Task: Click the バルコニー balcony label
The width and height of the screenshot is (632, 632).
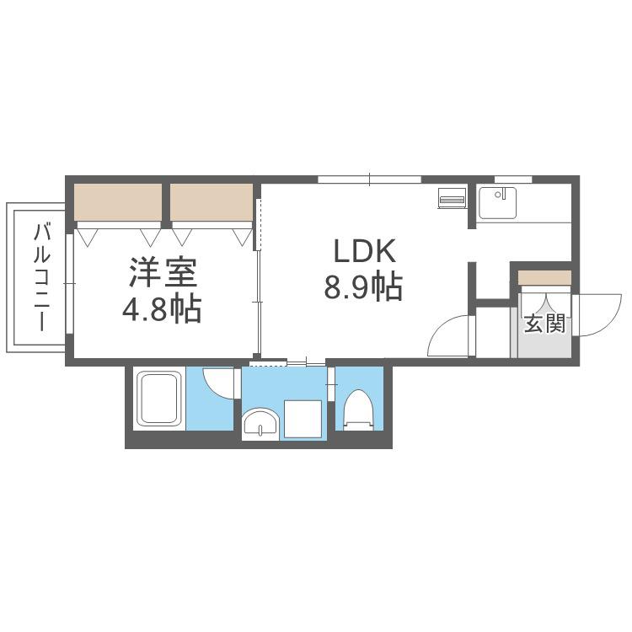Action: click(x=41, y=277)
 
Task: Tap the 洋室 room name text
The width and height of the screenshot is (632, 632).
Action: click(x=163, y=272)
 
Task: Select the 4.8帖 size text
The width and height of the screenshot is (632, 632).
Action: click(x=162, y=308)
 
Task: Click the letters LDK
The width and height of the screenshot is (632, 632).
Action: click(x=364, y=251)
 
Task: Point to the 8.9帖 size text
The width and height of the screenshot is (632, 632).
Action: click(x=363, y=287)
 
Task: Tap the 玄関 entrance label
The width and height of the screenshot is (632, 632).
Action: click(x=544, y=324)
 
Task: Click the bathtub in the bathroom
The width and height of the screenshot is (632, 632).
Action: click(x=158, y=398)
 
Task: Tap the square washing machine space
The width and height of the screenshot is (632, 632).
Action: click(x=303, y=418)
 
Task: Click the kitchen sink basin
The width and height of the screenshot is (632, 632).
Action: click(x=497, y=203)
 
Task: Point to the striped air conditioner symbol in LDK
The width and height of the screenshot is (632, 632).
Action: click(x=452, y=198)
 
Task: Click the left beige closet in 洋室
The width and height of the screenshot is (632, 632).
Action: click(x=118, y=202)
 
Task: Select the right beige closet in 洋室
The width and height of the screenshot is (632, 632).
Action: click(x=212, y=202)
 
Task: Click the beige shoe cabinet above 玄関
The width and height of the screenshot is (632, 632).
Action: click(x=544, y=278)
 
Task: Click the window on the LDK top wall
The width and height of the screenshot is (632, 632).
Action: click(x=370, y=179)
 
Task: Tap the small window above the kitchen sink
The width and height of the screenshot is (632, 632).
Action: click(x=513, y=179)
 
